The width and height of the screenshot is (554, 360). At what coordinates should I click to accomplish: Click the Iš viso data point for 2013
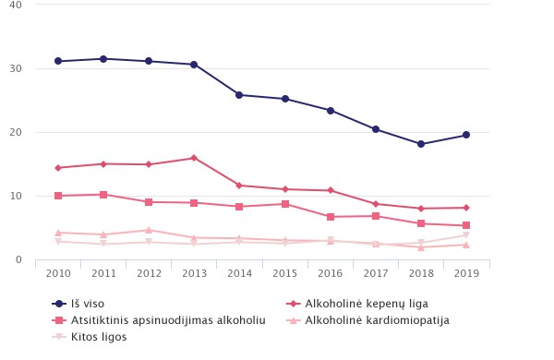(194, 65)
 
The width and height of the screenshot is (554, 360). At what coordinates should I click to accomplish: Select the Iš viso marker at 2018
(421, 144)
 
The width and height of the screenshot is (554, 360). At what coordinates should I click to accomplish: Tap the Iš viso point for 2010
(58, 61)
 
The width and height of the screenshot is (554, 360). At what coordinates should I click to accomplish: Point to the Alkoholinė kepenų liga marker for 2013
(194, 158)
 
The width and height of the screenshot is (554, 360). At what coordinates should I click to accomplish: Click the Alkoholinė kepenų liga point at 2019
(466, 208)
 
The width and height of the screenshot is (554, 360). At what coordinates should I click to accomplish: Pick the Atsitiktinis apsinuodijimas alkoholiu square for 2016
(331, 217)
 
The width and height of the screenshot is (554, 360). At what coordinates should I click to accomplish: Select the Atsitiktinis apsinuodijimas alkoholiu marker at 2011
(103, 195)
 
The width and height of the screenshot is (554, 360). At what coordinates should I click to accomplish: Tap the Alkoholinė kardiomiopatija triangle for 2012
(149, 230)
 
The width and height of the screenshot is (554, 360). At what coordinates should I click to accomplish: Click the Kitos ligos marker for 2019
(466, 235)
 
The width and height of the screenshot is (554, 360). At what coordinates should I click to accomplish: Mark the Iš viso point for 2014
(239, 95)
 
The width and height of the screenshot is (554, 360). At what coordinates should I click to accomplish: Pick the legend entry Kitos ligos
(96, 337)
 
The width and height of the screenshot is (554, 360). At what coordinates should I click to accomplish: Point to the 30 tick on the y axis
(16, 68)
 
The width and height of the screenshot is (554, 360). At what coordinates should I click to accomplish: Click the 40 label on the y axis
(16, 5)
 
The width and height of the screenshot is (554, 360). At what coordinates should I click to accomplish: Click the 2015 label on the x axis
(284, 274)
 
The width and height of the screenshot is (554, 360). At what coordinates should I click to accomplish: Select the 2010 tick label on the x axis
(58, 274)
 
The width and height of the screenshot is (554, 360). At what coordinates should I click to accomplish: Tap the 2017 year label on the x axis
(376, 274)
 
